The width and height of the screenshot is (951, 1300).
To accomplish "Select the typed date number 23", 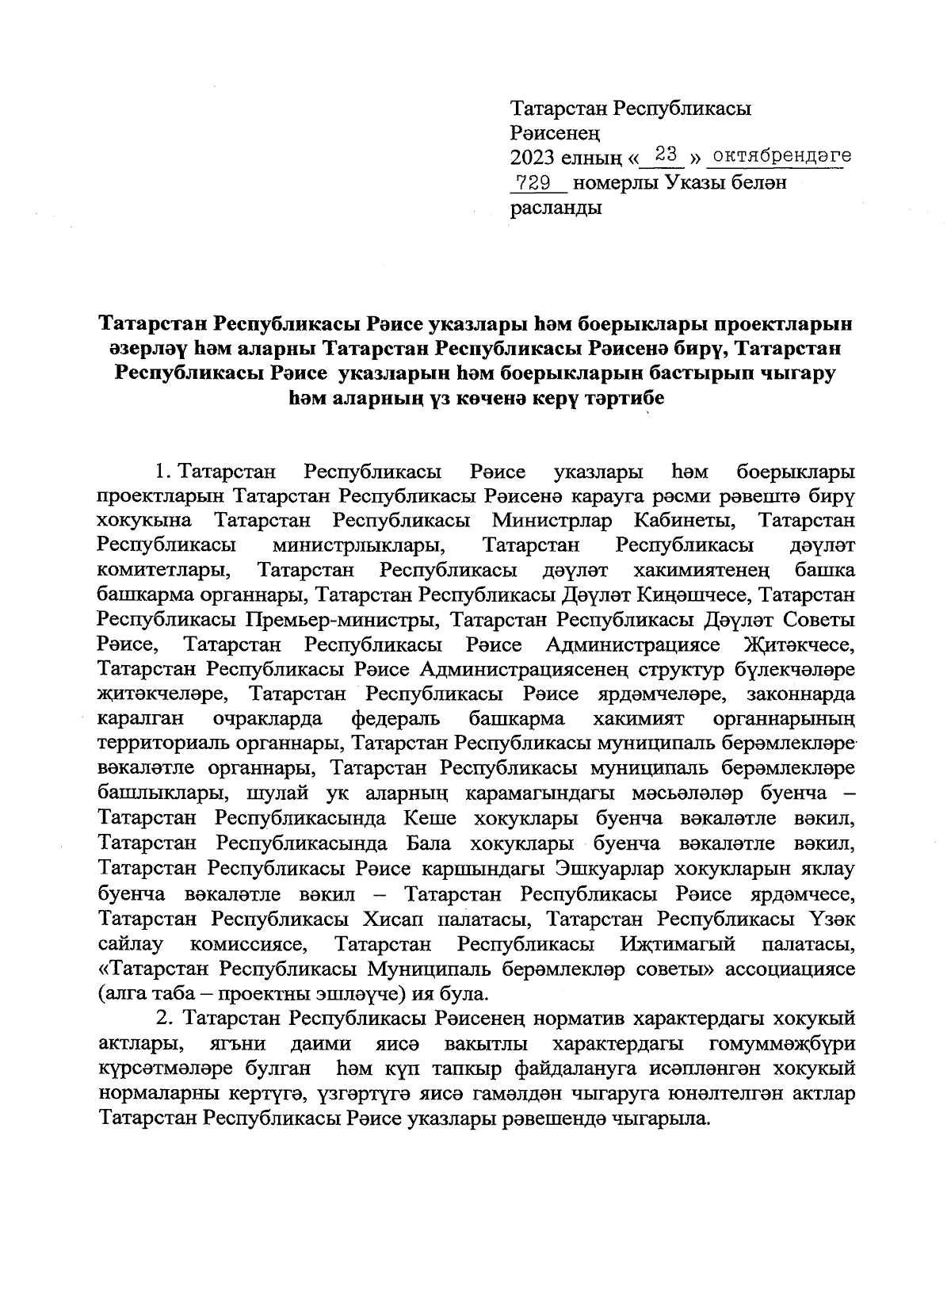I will coord(664,154).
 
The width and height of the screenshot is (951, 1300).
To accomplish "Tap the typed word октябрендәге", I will coord(778,155).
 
